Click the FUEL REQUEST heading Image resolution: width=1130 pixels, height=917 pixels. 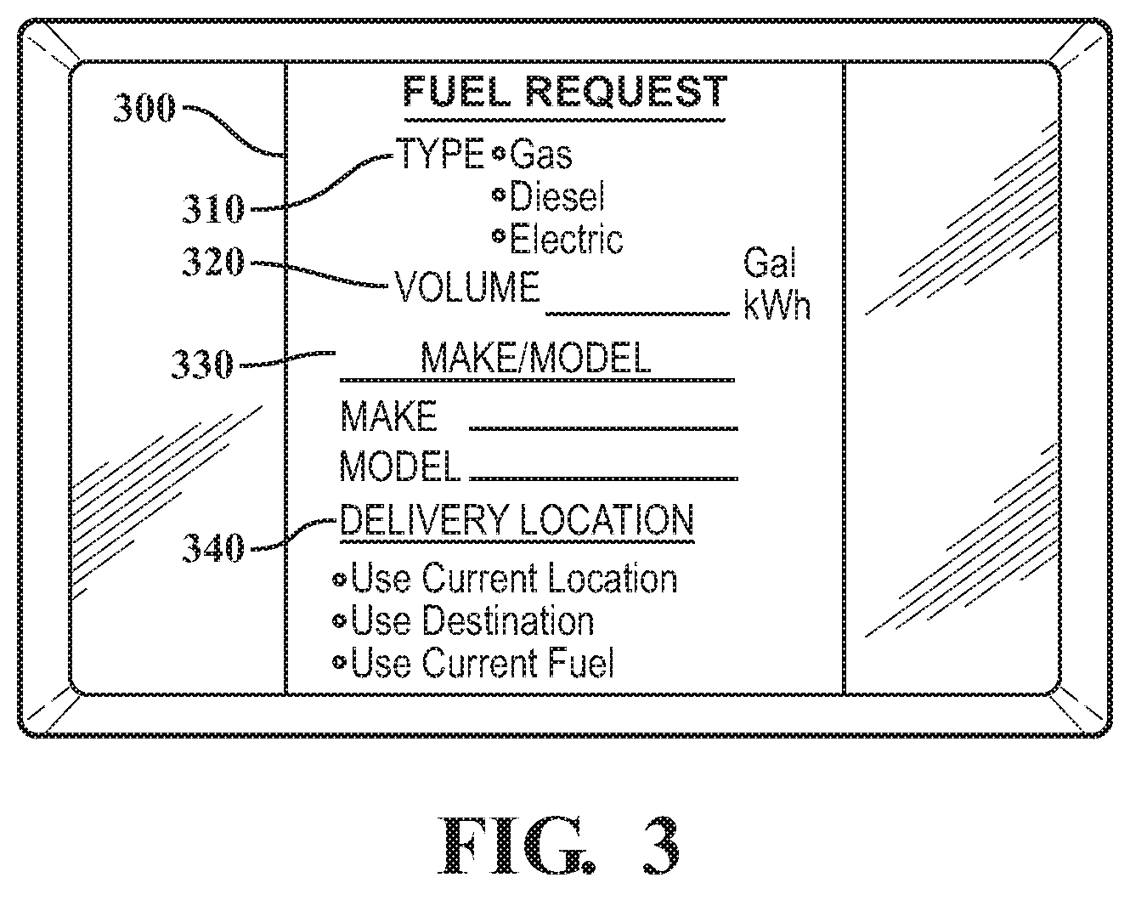pos(564,92)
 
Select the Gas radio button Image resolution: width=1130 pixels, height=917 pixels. pos(500,154)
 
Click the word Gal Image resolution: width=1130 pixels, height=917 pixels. pos(770,264)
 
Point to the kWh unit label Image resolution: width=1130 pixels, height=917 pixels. pos(777,306)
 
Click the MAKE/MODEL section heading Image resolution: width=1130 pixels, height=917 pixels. pos(535,359)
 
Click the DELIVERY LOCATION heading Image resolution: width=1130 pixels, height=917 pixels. pos(517,519)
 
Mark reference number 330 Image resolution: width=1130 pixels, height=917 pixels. pos(202,365)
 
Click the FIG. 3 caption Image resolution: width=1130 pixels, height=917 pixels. pos(562,846)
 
